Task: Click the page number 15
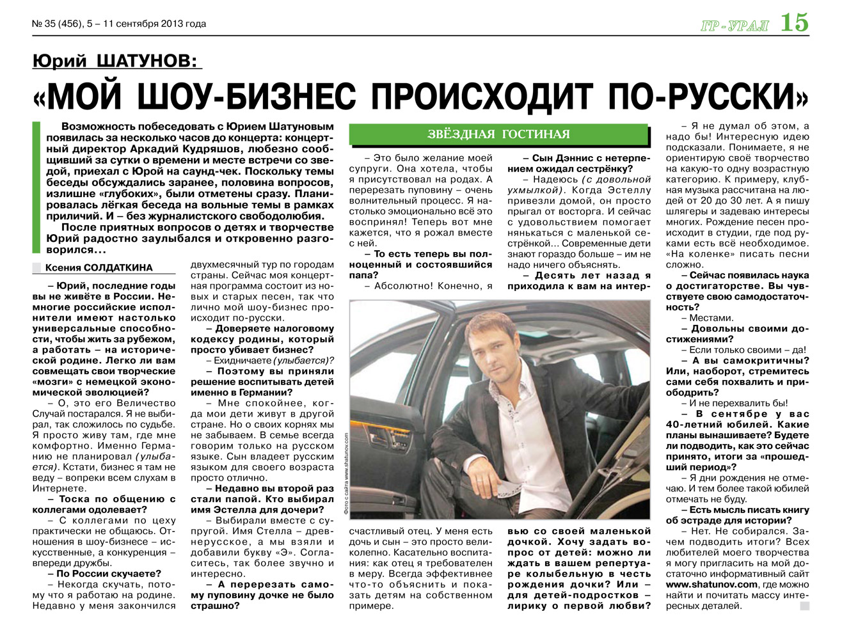click(794, 23)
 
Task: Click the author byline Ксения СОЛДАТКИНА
click(99, 268)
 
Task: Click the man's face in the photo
click(484, 345)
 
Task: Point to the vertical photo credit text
click(345, 473)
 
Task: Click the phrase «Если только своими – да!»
click(747, 350)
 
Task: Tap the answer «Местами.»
click(711, 318)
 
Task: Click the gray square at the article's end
click(804, 606)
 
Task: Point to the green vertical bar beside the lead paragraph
click(36, 187)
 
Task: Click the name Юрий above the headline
click(60, 62)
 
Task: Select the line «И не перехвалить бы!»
click(738, 404)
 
